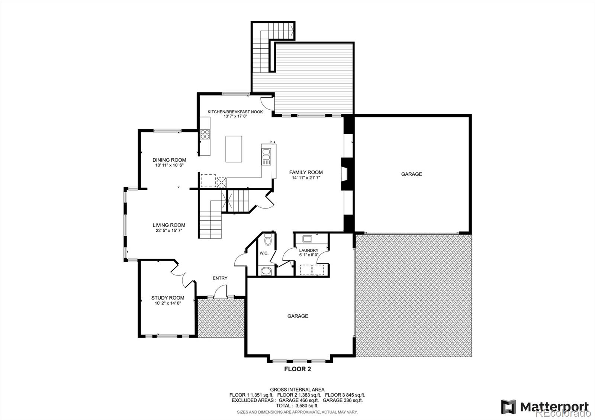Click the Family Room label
(x=306, y=172)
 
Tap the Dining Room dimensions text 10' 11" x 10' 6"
(x=169, y=165)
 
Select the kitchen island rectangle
(x=234, y=149)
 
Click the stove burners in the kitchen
(x=205, y=134)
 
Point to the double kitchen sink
(x=266, y=156)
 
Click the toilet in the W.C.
(x=267, y=240)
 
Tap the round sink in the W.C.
(x=266, y=271)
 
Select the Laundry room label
(x=308, y=250)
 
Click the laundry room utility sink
(x=308, y=239)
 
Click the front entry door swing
(x=222, y=291)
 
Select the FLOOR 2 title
(x=297, y=369)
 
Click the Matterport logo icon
(x=508, y=407)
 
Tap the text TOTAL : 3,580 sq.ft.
(x=297, y=406)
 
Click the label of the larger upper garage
(x=411, y=174)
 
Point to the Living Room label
(x=169, y=225)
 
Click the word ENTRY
(x=220, y=278)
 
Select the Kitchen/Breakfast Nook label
(x=235, y=112)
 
